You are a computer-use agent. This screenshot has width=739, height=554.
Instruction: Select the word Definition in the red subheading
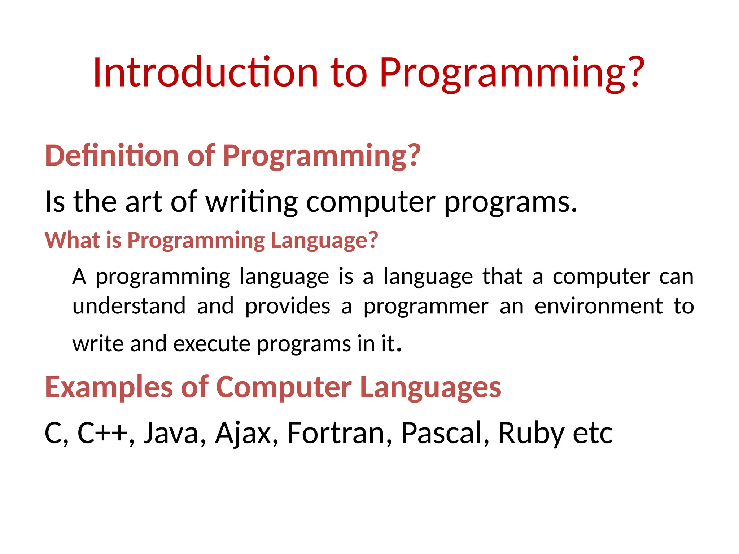(112, 156)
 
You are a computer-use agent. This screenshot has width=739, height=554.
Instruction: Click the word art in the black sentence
(143, 202)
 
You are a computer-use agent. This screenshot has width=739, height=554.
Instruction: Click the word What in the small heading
(72, 240)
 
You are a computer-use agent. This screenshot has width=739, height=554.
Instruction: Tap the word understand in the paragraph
(129, 307)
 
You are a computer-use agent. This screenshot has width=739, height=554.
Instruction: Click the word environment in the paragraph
(599, 307)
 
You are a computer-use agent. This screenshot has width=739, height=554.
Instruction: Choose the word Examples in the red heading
(109, 387)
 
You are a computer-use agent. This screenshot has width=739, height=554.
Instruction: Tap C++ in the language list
(102, 433)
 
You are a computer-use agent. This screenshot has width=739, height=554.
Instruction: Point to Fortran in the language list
(336, 433)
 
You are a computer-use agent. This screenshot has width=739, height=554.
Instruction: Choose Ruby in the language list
(531, 434)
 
